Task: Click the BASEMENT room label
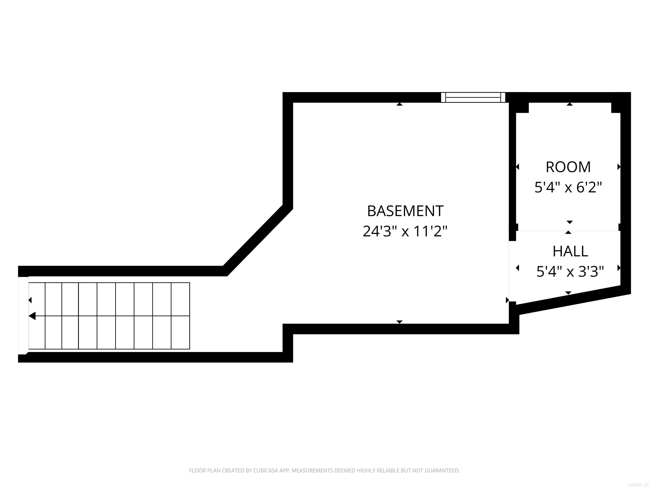click(x=405, y=211)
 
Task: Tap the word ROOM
click(x=568, y=167)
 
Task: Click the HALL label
click(x=570, y=252)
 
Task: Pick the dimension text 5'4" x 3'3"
click(x=570, y=272)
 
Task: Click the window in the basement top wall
click(x=473, y=97)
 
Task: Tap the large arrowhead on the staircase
click(x=32, y=316)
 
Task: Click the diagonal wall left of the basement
click(x=258, y=240)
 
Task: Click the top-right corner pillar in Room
click(x=616, y=107)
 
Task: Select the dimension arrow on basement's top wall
click(x=399, y=104)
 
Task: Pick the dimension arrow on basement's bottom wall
click(x=399, y=322)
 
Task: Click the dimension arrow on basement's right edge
click(x=507, y=300)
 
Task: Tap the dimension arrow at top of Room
click(x=570, y=104)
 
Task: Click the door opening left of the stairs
click(x=23, y=316)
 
